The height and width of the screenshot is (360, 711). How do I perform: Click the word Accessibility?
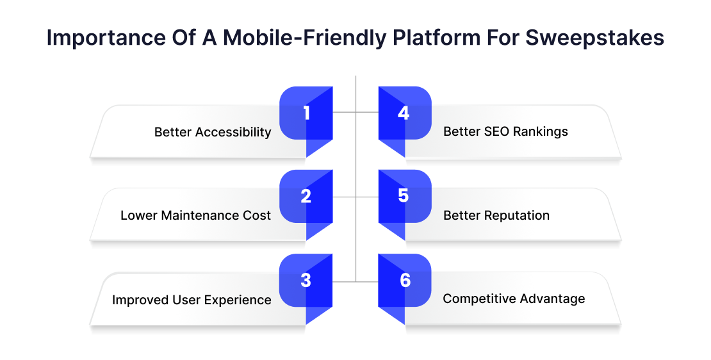(233, 133)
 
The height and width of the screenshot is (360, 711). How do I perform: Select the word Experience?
(238, 300)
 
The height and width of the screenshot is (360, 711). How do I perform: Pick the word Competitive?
(479, 299)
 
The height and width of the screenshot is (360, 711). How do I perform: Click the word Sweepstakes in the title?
(595, 38)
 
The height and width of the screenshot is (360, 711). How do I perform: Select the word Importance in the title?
(106, 38)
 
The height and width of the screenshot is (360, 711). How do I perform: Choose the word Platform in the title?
(436, 37)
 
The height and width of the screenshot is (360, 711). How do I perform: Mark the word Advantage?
(552, 299)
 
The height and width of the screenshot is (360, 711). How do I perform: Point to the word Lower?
(139, 215)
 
